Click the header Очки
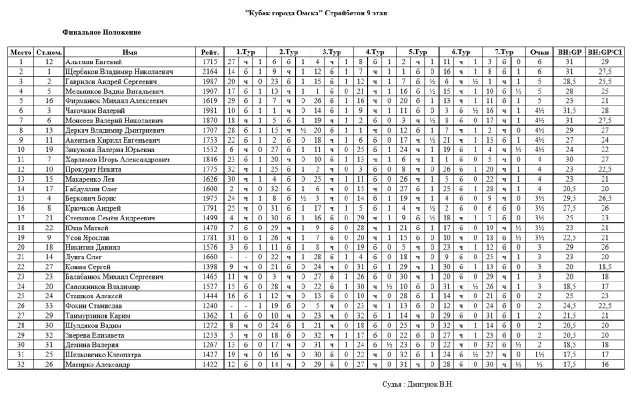539,52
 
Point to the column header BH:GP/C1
605,52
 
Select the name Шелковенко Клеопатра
103,355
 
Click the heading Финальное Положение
102,32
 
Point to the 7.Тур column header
504,52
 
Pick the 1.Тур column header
245,52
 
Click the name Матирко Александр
98,365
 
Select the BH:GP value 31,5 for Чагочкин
569,111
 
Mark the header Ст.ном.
49,52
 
